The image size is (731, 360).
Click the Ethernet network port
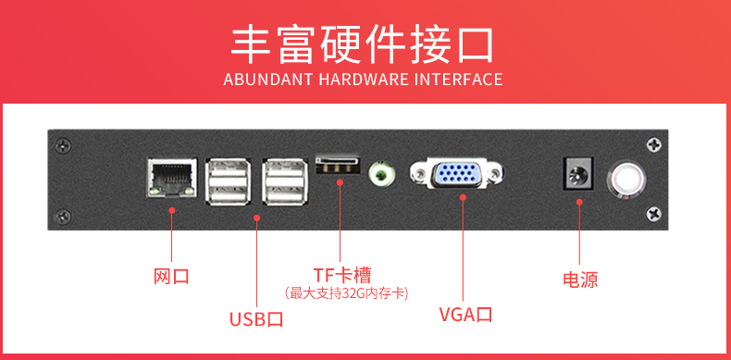tap(171, 178)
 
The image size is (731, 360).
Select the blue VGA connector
tap(457, 173)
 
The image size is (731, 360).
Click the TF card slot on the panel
tap(339, 165)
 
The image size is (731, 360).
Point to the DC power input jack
tap(578, 173)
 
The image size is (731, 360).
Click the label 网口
tap(171, 277)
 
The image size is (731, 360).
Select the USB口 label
tap(256, 319)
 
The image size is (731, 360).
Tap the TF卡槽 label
tap(341, 275)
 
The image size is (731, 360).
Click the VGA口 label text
tap(465, 315)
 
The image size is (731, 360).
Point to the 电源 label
tap(580, 279)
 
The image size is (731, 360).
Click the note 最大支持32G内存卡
tap(346, 293)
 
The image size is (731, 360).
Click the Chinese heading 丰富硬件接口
tap(363, 45)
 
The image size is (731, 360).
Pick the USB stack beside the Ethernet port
tap(229, 181)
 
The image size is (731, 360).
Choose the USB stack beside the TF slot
tap(285, 181)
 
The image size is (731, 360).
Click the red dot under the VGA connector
tap(463, 197)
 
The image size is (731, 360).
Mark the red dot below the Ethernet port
tap(171, 210)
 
